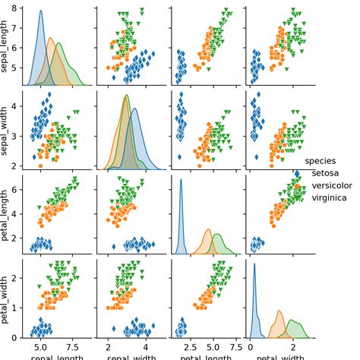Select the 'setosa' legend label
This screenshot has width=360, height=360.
326,173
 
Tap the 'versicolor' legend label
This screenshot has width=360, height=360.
332,185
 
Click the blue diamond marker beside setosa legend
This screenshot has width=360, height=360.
297,174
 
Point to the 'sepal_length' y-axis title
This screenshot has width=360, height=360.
7,47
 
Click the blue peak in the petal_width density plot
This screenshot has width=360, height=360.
254,264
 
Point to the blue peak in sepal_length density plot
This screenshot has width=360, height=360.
40,13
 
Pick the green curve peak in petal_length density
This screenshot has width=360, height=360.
218,234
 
